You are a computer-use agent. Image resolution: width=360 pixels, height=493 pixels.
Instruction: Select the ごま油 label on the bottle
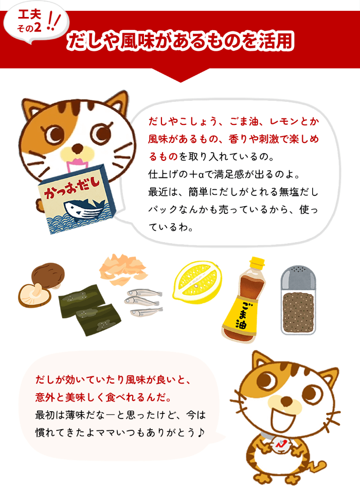(x=241, y=316)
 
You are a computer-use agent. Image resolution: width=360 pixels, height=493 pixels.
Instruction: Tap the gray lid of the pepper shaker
(x=297, y=278)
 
